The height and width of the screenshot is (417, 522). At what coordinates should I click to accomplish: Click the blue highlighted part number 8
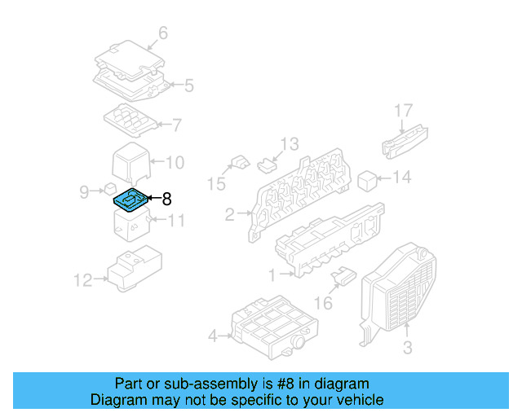[x=130, y=199]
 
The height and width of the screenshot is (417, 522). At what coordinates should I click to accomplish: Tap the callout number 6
[x=162, y=33]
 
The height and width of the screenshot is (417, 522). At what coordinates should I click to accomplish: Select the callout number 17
[x=405, y=110]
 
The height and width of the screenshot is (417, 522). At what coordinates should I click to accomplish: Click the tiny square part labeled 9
[x=109, y=188]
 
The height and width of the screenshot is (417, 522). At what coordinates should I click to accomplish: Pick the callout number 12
[x=82, y=281]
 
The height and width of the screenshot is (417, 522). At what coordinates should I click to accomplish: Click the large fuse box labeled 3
[x=400, y=285]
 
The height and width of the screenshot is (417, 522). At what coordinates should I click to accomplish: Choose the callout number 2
[x=230, y=215]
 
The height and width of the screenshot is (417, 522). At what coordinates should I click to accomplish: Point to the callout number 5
[x=188, y=85]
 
